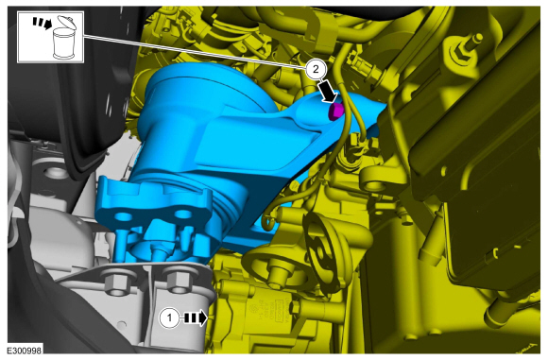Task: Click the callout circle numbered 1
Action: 169,318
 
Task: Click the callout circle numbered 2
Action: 316,69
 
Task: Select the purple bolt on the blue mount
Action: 336,111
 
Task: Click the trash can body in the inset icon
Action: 64,43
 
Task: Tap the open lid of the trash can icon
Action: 67,23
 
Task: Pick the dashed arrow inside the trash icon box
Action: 43,24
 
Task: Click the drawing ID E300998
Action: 25,351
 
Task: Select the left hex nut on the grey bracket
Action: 115,283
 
